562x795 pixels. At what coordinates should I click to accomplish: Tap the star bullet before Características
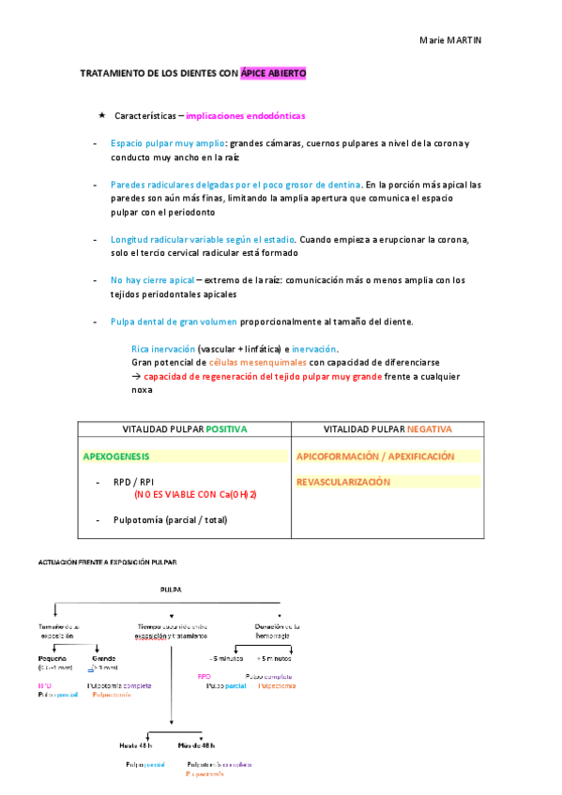(101, 115)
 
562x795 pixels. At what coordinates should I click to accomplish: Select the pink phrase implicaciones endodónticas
(245, 116)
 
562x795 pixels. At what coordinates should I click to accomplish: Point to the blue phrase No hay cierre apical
(152, 280)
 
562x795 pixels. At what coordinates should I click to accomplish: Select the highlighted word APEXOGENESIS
(116, 457)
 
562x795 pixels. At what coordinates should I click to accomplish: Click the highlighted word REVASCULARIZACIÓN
(342, 482)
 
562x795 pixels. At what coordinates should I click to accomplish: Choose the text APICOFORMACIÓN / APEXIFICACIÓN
(375, 457)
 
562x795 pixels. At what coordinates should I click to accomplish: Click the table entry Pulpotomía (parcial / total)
(170, 519)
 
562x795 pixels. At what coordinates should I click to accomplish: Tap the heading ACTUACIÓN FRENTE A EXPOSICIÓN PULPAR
(107, 562)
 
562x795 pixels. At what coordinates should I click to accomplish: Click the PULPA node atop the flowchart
(171, 590)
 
